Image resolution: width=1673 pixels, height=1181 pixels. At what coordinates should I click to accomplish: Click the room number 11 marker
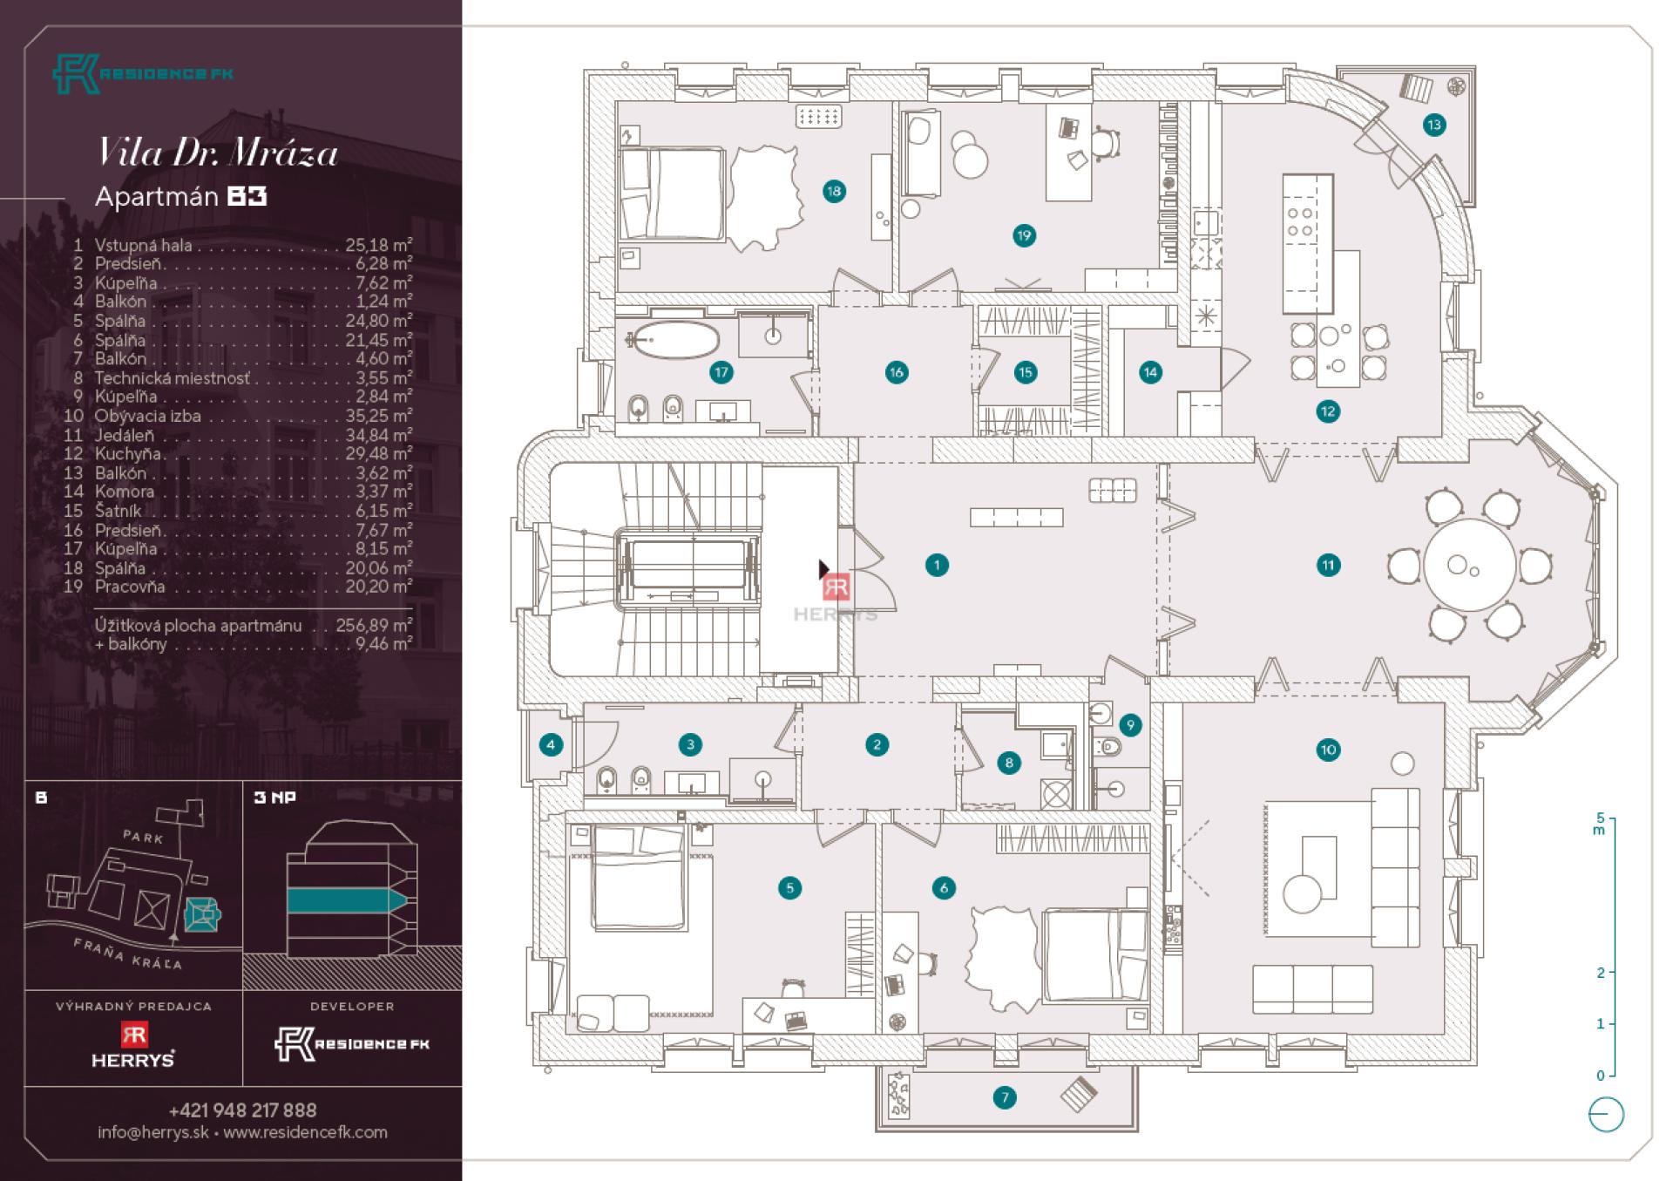click(1328, 565)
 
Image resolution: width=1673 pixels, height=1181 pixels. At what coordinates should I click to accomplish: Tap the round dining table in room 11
click(1469, 566)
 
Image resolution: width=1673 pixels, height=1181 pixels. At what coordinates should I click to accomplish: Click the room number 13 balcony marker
click(1433, 125)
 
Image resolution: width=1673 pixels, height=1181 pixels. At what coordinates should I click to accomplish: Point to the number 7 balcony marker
click(1005, 1097)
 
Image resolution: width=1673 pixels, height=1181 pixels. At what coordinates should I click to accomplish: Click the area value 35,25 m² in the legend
click(378, 416)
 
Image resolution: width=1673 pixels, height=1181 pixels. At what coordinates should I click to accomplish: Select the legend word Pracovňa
click(130, 587)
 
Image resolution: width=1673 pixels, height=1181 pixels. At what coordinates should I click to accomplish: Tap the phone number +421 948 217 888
click(242, 1110)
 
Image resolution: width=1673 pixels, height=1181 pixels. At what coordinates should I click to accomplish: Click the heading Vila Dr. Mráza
click(217, 153)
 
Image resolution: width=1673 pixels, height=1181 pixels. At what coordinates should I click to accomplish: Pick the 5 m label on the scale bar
click(1599, 824)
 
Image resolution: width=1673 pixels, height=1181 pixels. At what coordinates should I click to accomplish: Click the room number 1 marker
click(937, 565)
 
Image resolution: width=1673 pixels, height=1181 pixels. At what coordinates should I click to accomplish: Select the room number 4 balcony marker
click(551, 744)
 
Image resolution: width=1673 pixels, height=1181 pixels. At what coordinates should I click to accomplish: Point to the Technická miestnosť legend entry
click(173, 378)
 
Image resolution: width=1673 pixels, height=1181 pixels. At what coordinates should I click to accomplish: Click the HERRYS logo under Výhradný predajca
click(133, 1045)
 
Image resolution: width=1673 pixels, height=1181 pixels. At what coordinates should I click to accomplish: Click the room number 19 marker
click(1024, 235)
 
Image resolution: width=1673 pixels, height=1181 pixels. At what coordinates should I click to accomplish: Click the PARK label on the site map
click(143, 838)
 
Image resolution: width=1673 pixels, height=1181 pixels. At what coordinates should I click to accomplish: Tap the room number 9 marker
click(1130, 724)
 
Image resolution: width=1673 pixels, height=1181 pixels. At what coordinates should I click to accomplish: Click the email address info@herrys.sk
click(153, 1132)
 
